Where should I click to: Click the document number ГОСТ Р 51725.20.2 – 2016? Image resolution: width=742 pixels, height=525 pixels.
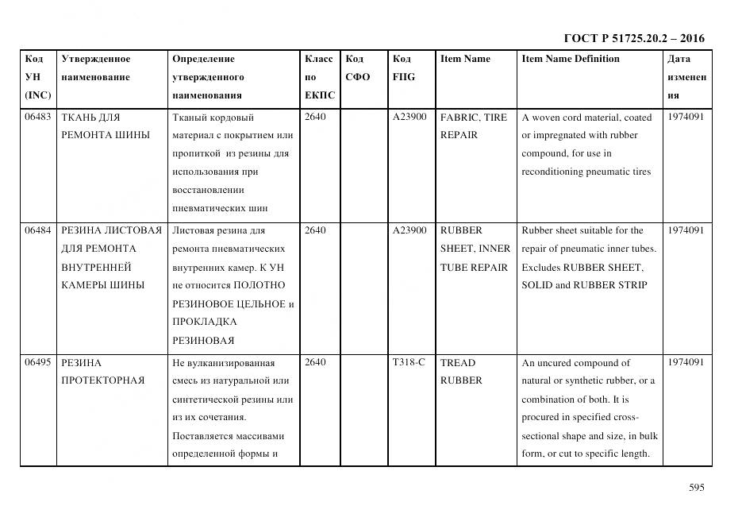(x=633, y=38)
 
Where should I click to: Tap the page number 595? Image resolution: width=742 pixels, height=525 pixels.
(x=696, y=488)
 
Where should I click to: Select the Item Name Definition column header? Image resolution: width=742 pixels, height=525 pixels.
(x=571, y=59)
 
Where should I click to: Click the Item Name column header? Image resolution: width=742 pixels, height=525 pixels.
(x=465, y=59)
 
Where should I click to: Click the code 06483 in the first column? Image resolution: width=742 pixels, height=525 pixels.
(x=37, y=118)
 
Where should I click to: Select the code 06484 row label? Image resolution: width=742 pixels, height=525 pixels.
(x=37, y=231)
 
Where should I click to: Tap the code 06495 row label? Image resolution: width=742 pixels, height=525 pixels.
(x=37, y=363)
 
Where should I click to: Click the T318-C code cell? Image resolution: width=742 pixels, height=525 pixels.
(x=409, y=363)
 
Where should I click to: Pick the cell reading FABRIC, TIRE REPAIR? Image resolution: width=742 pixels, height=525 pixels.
(x=473, y=126)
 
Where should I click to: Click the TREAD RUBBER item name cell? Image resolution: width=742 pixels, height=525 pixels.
(x=461, y=372)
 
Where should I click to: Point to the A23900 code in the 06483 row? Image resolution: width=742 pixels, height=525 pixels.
(x=409, y=118)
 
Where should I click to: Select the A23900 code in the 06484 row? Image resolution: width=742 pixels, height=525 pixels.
(x=409, y=231)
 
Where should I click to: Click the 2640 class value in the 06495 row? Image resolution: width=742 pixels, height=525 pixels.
(x=315, y=363)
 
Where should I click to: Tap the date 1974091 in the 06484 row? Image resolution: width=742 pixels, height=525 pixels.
(x=686, y=231)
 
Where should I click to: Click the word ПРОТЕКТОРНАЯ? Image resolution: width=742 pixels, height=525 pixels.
(x=103, y=380)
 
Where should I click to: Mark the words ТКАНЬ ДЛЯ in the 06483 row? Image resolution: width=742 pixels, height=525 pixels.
(x=90, y=118)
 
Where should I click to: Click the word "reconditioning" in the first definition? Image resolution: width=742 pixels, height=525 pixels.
(x=552, y=172)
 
